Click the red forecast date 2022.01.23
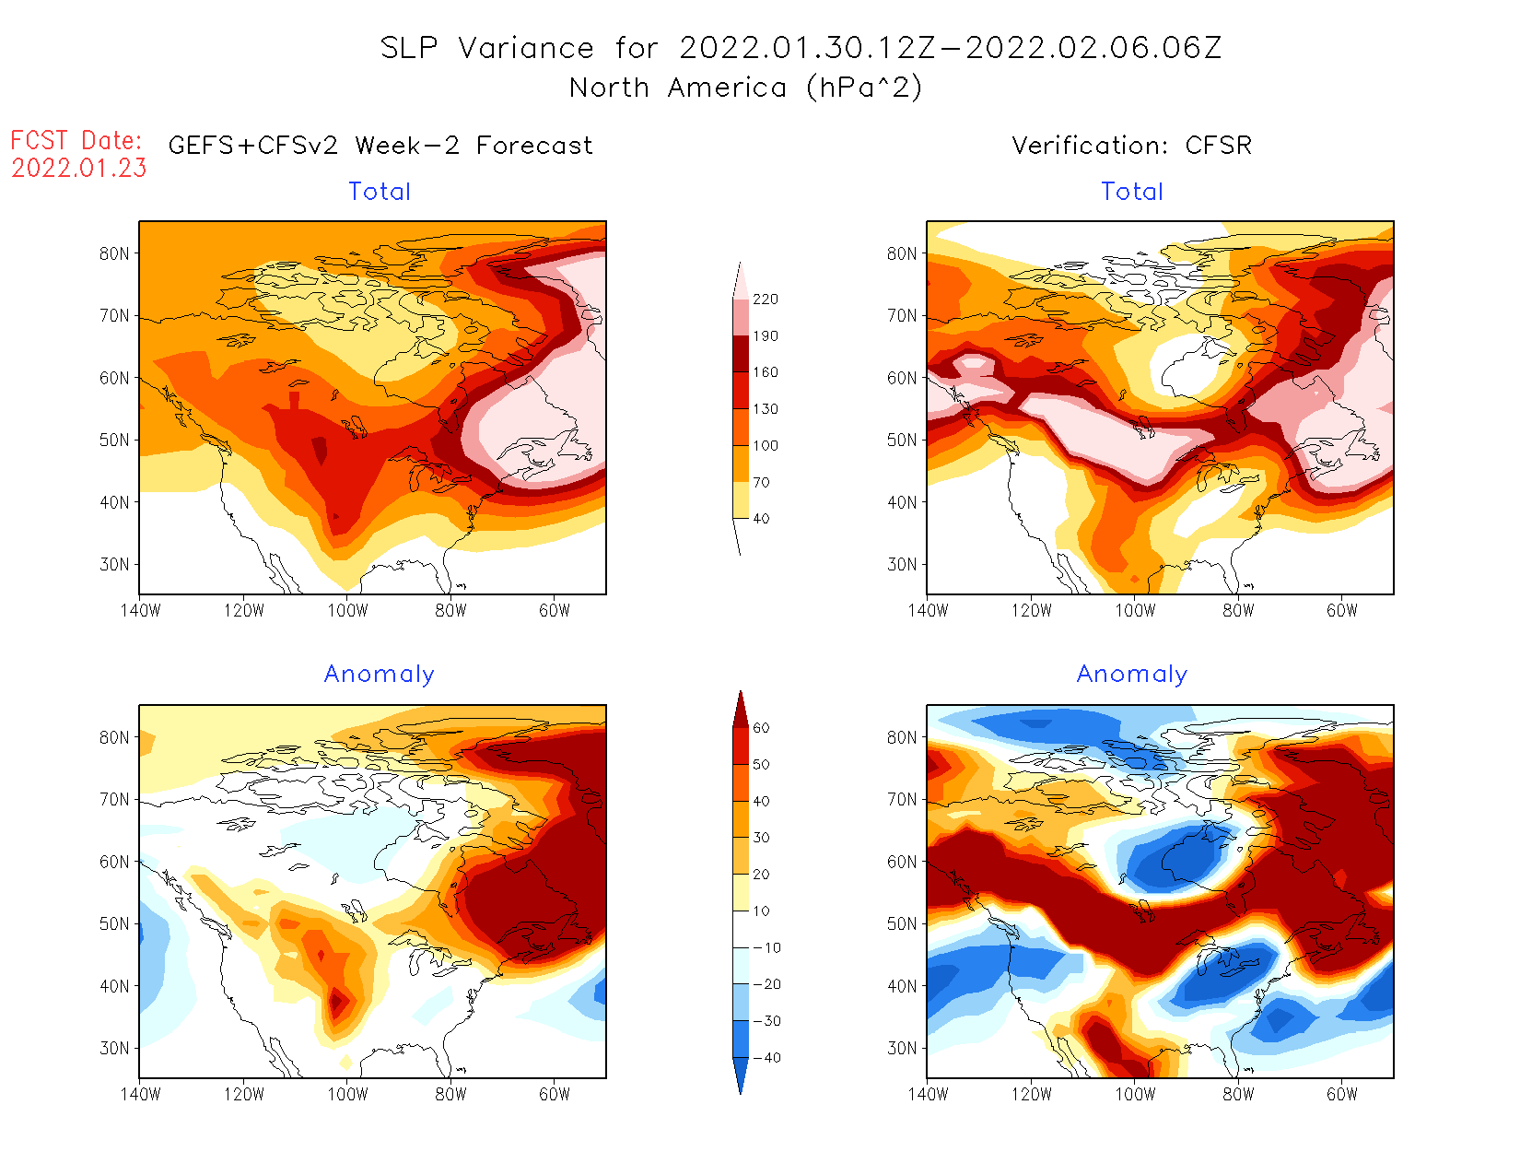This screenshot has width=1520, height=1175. pos(79,168)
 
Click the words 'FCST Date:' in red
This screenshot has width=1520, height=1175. pos(76,141)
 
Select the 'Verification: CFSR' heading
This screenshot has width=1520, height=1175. pos(1131,146)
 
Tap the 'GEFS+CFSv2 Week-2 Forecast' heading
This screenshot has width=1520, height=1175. pos(380,146)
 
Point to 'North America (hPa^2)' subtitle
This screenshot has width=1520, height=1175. pos(745,88)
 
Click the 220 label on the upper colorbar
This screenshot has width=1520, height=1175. pos(765,300)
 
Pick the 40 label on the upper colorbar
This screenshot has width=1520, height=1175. pos(761,519)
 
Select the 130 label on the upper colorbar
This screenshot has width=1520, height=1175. pos(765,409)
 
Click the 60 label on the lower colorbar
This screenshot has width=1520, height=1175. pos(761,728)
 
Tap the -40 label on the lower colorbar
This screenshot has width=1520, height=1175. pos(766,1058)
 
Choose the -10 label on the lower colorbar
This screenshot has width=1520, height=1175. pos(766,947)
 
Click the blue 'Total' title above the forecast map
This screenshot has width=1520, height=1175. pos(380,192)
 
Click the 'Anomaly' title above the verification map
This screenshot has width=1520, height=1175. pos(1132,675)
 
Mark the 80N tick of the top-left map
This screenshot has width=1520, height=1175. pos(114,254)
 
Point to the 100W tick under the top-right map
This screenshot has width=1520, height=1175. pos(1135,610)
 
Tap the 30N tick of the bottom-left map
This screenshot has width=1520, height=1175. pos(114,1049)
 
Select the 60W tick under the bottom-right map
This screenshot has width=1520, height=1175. pos(1342,1094)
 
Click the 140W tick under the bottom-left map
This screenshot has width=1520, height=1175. pos(140,1094)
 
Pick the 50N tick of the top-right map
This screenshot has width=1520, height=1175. pos(902,441)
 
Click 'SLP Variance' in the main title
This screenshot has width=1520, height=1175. pos(487,48)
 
